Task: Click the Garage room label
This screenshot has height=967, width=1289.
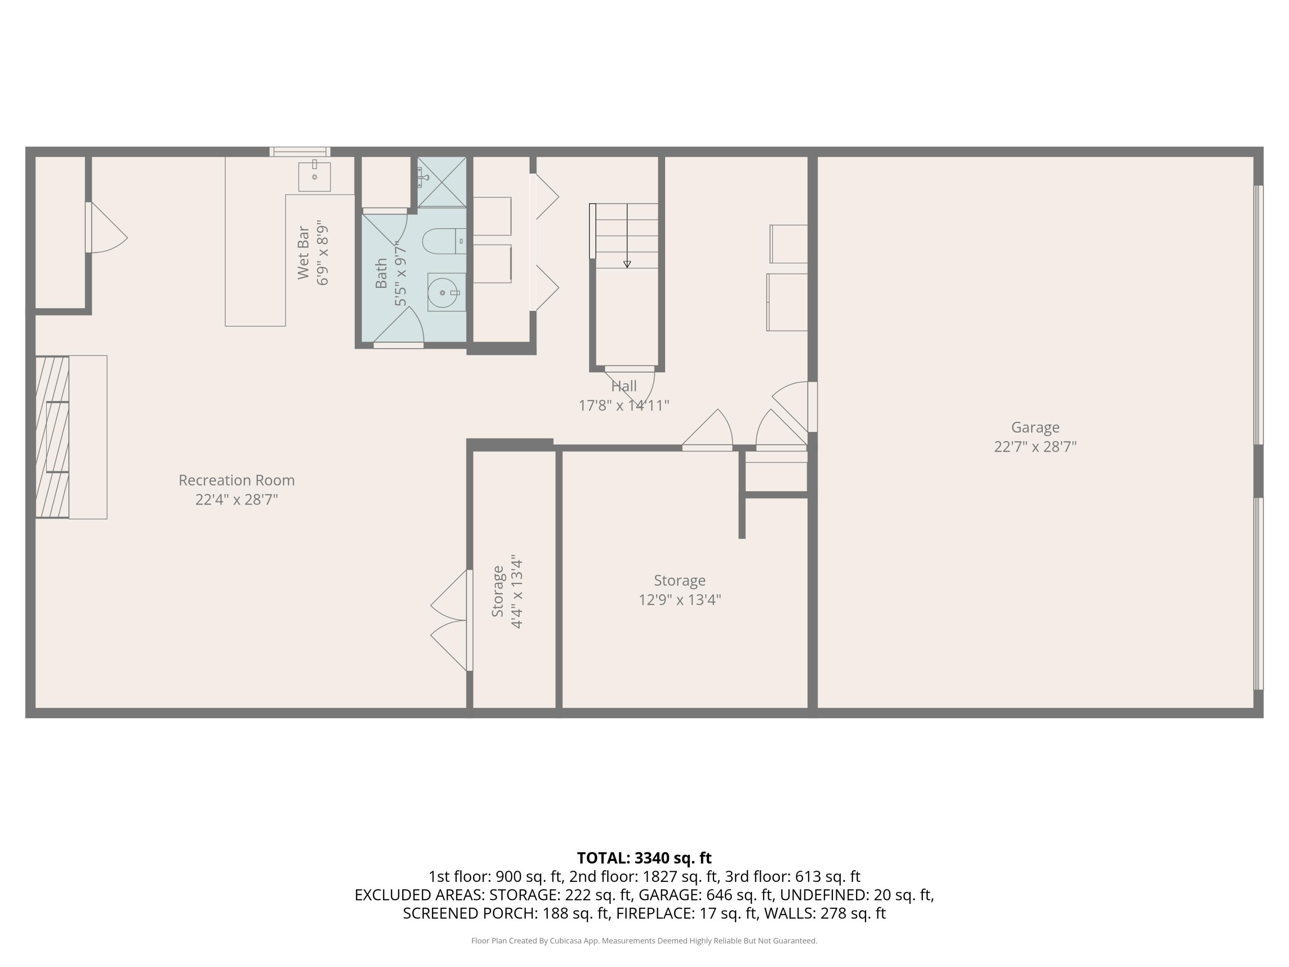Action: [1035, 427]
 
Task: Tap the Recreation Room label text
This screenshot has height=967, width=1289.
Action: [237, 480]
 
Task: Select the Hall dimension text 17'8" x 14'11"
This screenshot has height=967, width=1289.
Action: [623, 405]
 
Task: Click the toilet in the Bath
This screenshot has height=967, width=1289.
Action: [444, 241]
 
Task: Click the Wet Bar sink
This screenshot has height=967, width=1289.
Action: [315, 177]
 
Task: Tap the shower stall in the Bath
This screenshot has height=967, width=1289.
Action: [442, 182]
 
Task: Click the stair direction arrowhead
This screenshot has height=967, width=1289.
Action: [627, 264]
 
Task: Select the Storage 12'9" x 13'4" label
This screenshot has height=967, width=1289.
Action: [679, 590]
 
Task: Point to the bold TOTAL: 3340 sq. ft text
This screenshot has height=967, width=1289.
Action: [644, 858]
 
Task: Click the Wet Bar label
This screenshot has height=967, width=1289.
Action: [303, 252]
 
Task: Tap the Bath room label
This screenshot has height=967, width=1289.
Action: [381, 273]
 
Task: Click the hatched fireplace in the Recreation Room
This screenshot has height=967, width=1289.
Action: [52, 437]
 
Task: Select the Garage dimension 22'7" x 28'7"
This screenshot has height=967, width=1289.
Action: [1035, 447]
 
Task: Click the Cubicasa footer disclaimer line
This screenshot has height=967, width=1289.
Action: [644, 940]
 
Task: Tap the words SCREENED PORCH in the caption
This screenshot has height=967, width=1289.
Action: [470, 913]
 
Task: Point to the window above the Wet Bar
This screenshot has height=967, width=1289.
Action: [299, 152]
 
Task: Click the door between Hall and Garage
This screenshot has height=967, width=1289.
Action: [812, 407]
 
